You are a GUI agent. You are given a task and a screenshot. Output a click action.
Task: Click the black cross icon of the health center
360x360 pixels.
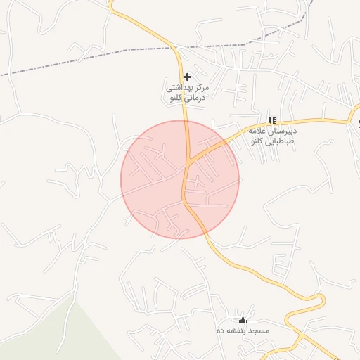pos(187,76)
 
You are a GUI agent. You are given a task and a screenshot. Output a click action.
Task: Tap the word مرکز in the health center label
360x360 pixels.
pos(202,89)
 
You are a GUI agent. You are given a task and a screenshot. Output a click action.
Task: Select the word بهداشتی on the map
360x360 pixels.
pos(179,89)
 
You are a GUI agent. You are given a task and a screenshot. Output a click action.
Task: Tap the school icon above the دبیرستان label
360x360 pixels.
pos(272,120)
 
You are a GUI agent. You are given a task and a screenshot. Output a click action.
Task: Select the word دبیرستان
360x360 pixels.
pos(281,131)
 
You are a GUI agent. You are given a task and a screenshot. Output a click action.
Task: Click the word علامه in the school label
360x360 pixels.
pos(255,131)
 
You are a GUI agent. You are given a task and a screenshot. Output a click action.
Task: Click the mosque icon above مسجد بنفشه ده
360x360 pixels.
pos(243,319)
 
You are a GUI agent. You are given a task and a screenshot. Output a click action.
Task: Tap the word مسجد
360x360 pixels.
pos(259,329)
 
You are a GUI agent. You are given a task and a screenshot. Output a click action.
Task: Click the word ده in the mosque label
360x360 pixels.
pos(220,329)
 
